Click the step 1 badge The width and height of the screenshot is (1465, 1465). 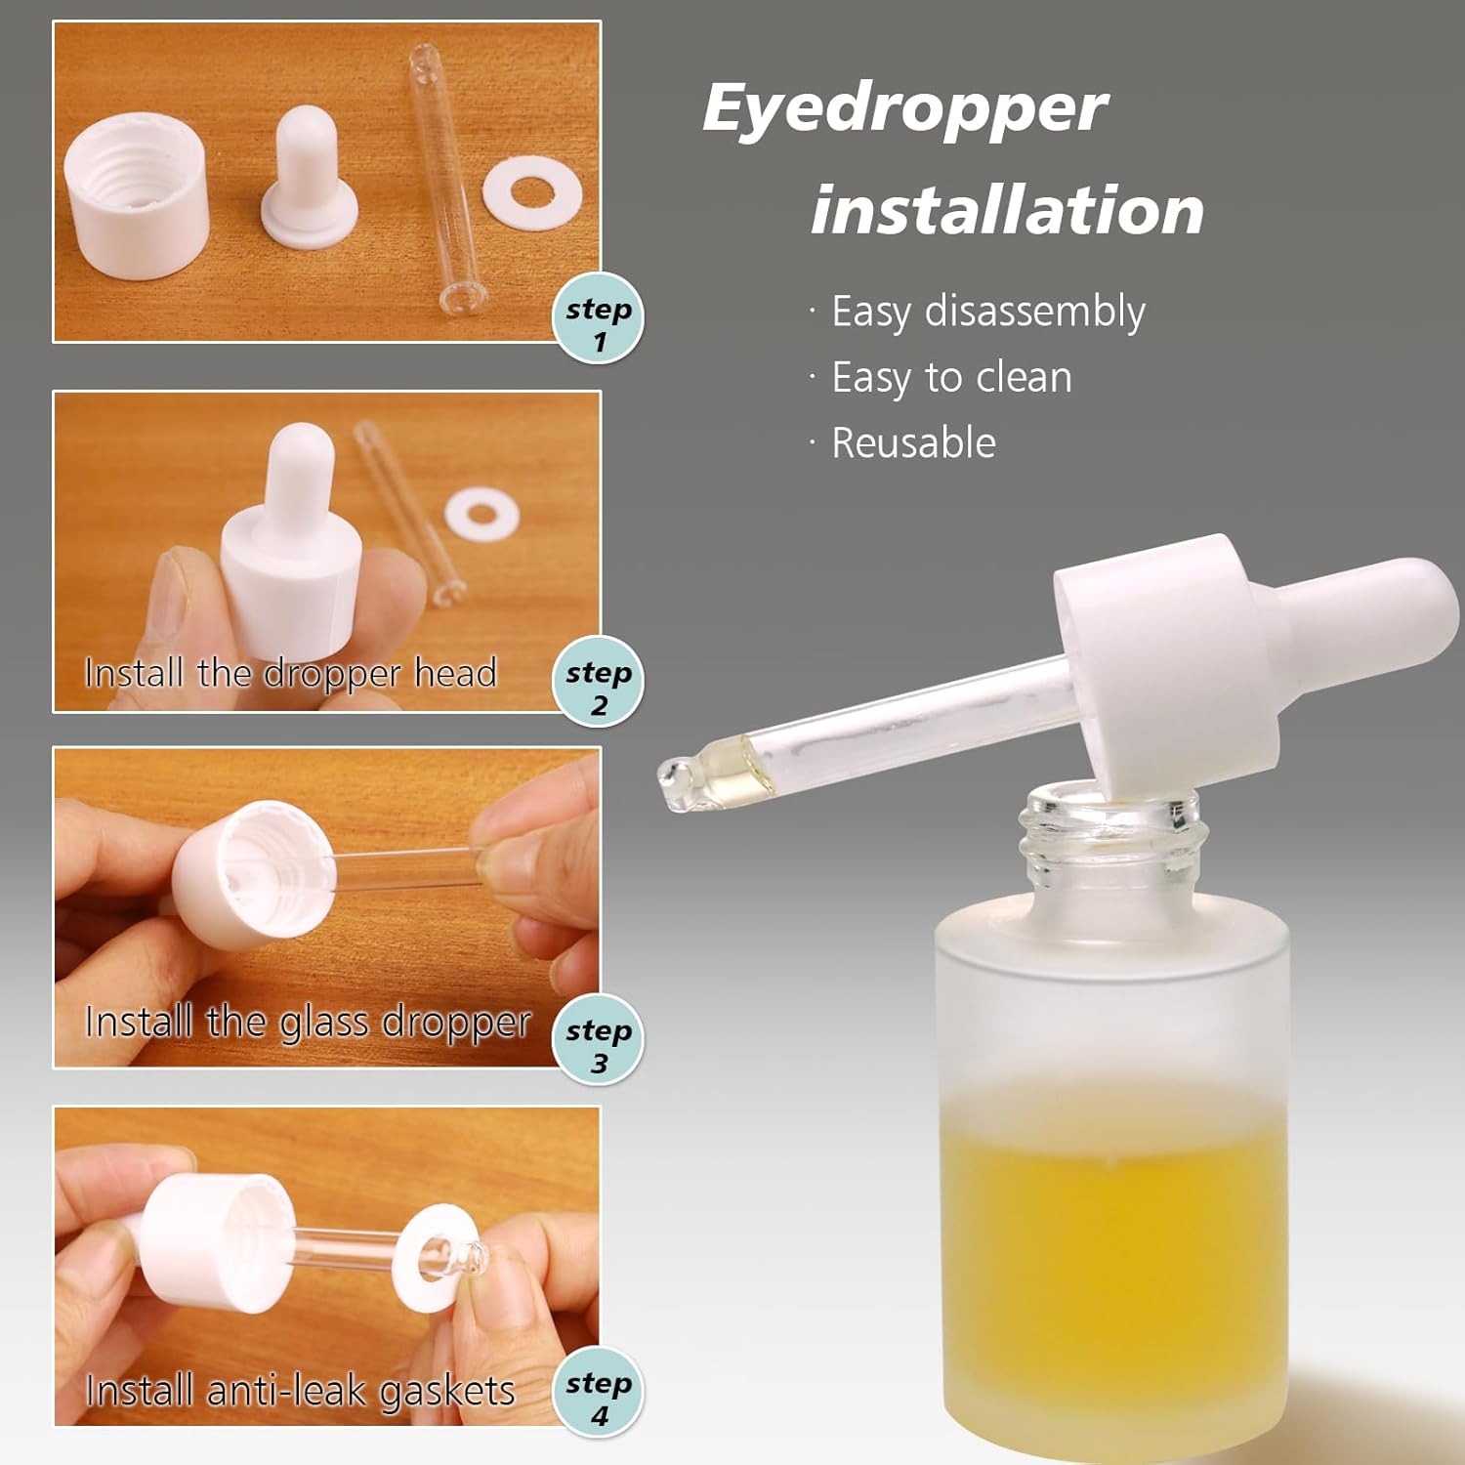click(599, 319)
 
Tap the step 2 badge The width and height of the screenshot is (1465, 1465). click(599, 682)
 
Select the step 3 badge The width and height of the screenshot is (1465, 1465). click(599, 1040)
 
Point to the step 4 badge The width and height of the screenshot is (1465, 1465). click(599, 1393)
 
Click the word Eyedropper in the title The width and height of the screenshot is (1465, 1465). click(904, 109)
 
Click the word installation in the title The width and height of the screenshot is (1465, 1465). click(1007, 211)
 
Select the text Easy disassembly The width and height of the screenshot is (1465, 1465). click(987, 313)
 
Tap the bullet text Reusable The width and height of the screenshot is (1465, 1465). click(913, 443)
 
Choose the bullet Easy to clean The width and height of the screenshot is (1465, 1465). click(951, 378)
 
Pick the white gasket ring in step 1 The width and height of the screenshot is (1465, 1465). click(532, 193)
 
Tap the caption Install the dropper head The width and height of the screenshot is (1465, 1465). click(291, 673)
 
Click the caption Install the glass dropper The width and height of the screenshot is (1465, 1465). click(308, 1023)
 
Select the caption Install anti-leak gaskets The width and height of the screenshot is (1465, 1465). click(300, 1391)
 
